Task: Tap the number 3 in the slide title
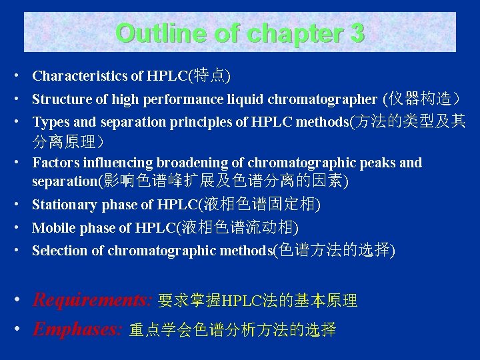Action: [356, 33]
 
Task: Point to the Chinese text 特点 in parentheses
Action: [210, 76]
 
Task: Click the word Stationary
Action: [63, 205]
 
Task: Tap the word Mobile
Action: [53, 228]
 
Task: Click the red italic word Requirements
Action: [93, 300]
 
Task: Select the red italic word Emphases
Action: [77, 329]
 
